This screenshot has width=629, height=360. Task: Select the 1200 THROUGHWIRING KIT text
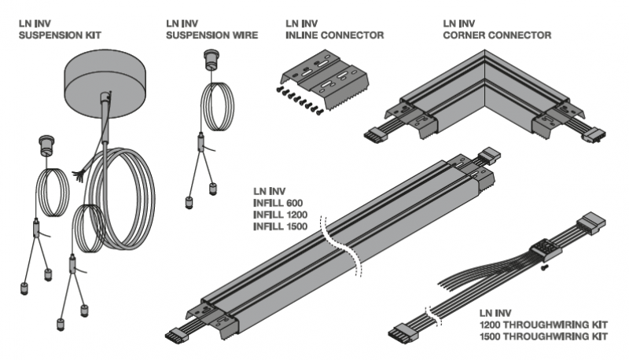pyautogui.click(x=543, y=325)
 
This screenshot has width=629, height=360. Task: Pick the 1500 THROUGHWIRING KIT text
pyautogui.click(x=543, y=337)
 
